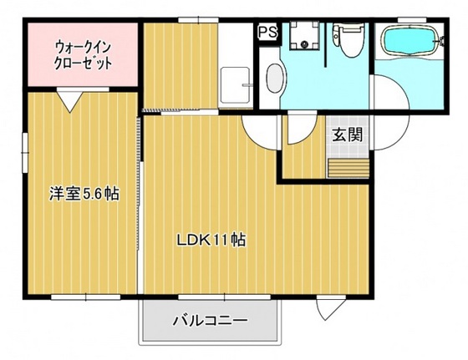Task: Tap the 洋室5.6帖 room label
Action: [83, 195]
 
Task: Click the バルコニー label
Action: [209, 320]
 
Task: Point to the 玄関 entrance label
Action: [347, 135]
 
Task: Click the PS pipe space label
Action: [267, 32]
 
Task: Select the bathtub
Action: [409, 42]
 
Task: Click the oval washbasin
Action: [273, 79]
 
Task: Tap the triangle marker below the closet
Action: [70, 101]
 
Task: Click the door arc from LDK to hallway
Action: [255, 129]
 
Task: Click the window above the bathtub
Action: [409, 18]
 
